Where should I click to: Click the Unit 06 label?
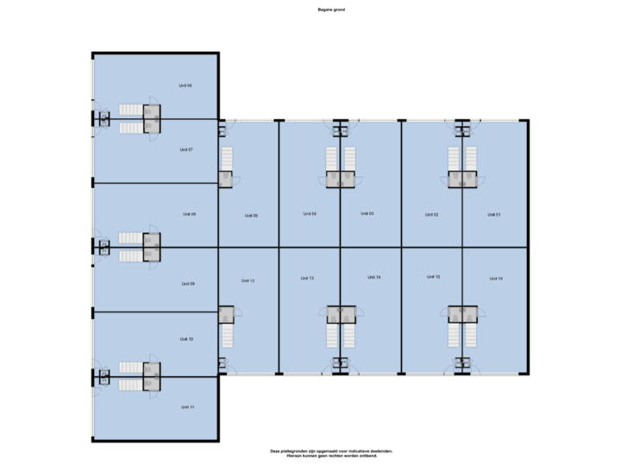pos(185,85)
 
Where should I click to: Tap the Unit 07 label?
pos(185,149)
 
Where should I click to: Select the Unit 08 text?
pos(189,214)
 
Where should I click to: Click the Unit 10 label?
pos(185,339)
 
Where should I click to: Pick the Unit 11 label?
pos(187,406)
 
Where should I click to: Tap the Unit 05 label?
pos(250,216)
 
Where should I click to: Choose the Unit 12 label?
pos(248,280)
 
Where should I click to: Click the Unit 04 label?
pos(310,213)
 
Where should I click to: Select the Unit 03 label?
pos(367,213)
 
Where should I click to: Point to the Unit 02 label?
pos(431,214)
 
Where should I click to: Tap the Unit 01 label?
pos(493,214)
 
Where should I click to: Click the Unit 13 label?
pos(307,278)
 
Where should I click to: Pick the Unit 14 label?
pos(373,277)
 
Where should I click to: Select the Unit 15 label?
pos(433,276)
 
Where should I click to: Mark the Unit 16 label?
pos(495,279)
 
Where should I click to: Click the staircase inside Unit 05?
pos(228,159)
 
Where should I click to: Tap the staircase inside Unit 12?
pos(228,335)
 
